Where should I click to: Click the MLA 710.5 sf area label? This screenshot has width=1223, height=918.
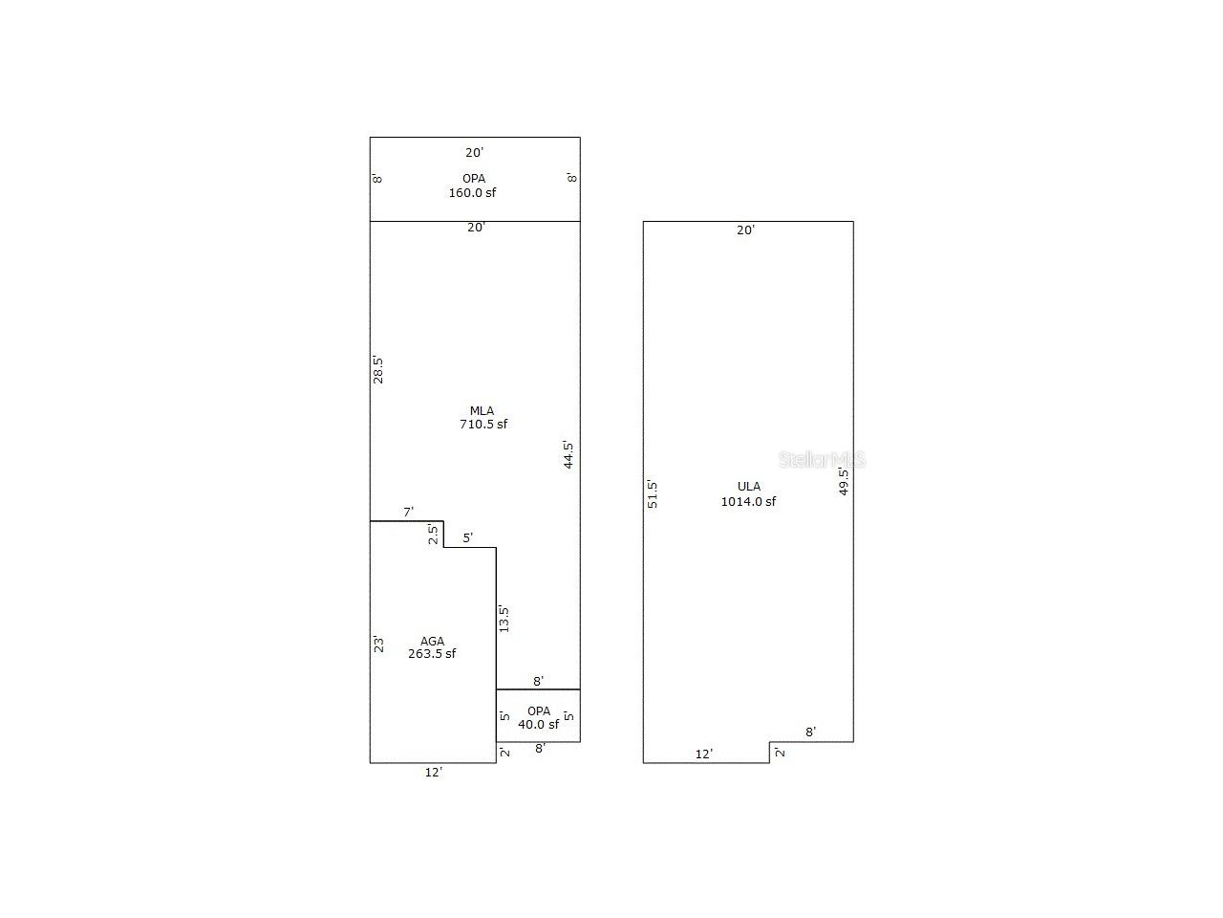(483, 418)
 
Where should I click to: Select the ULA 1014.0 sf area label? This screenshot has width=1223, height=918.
(748, 493)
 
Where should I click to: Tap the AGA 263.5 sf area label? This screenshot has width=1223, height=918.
(432, 647)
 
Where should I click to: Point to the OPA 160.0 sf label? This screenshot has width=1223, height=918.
(473, 186)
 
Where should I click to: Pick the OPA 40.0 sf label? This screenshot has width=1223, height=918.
(538, 718)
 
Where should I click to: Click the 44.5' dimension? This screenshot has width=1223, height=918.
(568, 455)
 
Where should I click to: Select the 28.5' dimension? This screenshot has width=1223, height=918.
(377, 369)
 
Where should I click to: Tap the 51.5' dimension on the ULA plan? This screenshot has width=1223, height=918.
(652, 493)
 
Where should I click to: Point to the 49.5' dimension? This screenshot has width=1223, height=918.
(844, 482)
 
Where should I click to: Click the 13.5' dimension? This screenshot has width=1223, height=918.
(504, 619)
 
